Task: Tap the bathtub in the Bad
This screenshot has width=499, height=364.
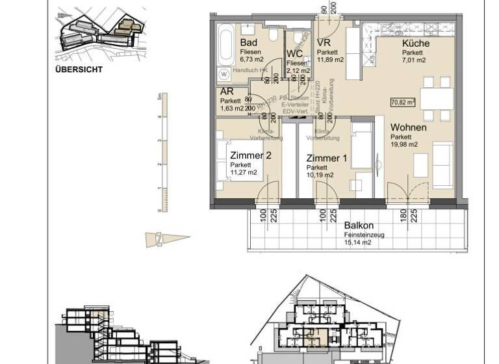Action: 225,44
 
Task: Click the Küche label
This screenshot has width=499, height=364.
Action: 415,44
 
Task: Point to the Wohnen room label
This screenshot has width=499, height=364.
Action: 408,127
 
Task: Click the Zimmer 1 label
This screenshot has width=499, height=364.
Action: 327,158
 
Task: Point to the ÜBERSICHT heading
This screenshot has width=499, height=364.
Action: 79,69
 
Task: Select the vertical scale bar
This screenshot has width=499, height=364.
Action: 164,152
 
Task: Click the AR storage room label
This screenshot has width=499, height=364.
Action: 227,92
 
